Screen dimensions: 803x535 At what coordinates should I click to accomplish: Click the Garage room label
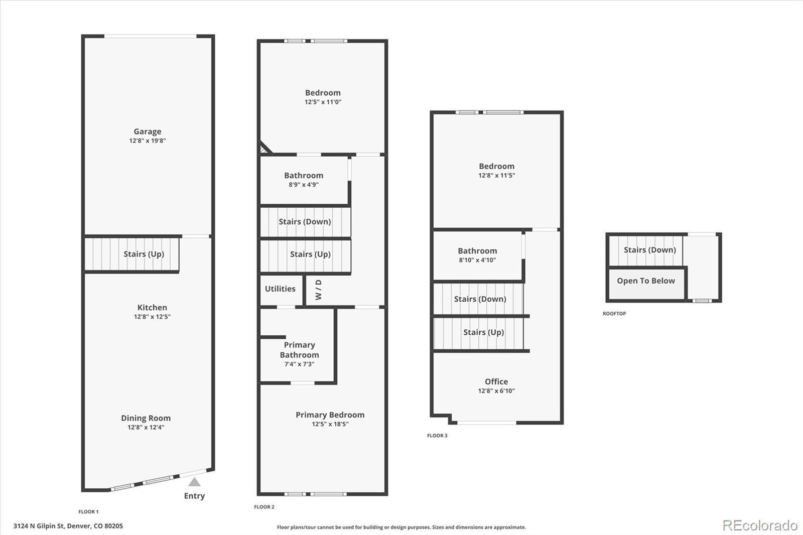tap(147, 131)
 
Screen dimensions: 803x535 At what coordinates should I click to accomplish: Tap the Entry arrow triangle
tap(194, 482)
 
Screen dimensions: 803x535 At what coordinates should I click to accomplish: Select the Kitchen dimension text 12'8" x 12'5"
tap(152, 317)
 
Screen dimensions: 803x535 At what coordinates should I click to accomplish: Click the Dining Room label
tap(146, 418)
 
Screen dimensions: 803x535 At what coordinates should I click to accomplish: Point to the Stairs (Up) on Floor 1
tap(144, 254)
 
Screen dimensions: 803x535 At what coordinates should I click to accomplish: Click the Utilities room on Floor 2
tap(280, 289)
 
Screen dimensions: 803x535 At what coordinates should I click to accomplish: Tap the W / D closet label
tap(318, 290)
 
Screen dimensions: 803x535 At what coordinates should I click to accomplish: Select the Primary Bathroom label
tap(299, 350)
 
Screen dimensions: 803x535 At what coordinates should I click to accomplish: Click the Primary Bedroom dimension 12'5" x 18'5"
tap(330, 424)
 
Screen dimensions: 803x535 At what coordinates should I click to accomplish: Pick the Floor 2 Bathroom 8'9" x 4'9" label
tap(304, 179)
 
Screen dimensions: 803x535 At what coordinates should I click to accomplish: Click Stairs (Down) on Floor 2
tap(305, 222)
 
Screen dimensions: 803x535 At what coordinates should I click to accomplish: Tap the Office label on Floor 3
tap(496, 381)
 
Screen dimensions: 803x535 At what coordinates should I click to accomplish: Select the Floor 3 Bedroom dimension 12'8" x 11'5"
tap(496, 176)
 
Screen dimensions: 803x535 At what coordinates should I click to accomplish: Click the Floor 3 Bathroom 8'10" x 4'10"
tap(477, 255)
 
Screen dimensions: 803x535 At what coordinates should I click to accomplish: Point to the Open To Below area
tap(646, 281)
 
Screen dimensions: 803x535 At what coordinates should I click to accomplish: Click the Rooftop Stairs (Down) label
tap(650, 250)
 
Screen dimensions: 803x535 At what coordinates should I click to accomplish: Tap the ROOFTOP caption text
tap(614, 314)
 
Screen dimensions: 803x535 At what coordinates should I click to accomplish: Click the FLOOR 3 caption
tap(437, 436)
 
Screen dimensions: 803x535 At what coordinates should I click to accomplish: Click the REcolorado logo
tap(760, 525)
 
